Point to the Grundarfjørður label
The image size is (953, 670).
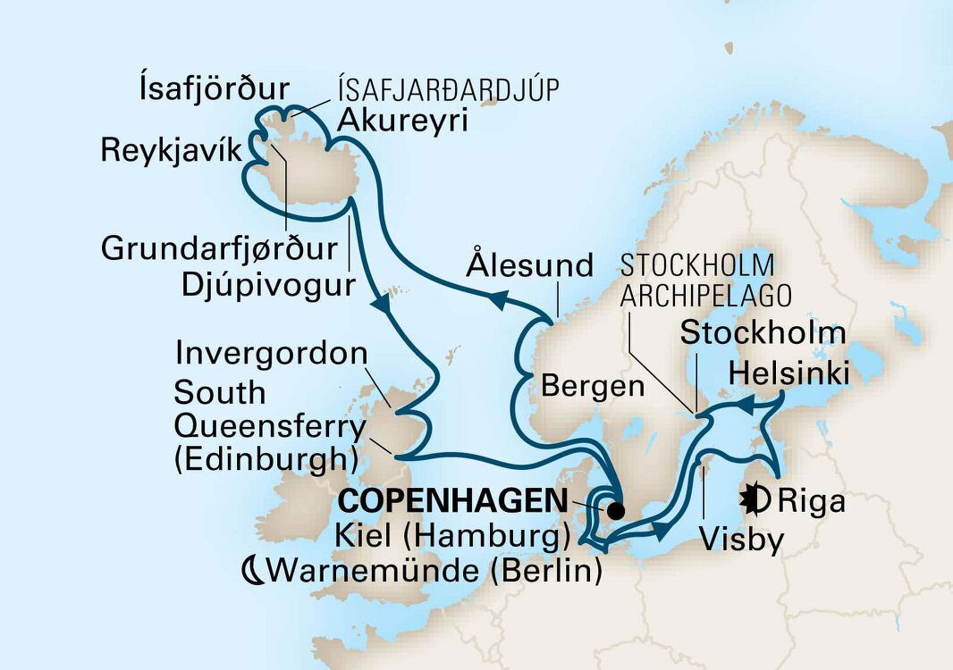[x=219, y=249]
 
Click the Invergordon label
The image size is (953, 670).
[x=271, y=353]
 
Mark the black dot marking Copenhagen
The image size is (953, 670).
[x=615, y=512]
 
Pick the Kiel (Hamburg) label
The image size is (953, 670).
[x=453, y=538]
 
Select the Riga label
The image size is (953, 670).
[x=809, y=502]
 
